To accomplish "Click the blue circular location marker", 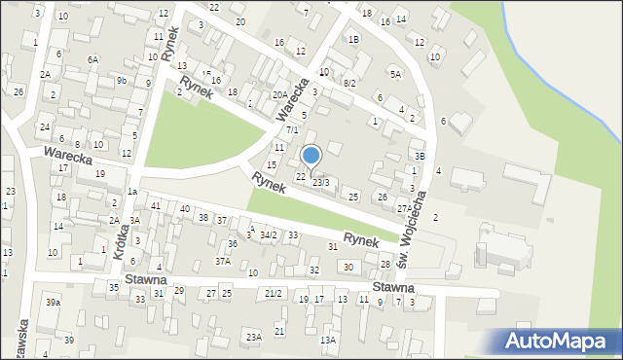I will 311,155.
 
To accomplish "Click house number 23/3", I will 320,183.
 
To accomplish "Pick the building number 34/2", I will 268,234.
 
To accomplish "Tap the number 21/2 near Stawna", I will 274,293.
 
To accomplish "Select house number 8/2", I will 349,84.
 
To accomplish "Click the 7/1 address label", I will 291,129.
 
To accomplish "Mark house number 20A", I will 279,94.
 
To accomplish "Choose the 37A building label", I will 223,261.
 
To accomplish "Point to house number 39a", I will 53,303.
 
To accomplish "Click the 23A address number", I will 253,337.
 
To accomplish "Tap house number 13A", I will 329,340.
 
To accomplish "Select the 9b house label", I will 122,80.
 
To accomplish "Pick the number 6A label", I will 92,59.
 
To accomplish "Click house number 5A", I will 395,74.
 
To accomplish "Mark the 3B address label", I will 420,156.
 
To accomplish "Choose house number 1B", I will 354,39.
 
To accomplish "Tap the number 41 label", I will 156,206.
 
